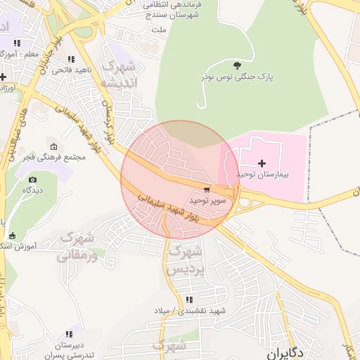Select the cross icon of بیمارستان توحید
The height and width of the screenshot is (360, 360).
click(262, 163)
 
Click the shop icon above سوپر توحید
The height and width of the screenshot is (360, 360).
click(206, 190)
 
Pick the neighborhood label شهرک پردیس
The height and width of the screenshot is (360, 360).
click(186, 260)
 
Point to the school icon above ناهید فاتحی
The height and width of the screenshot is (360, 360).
click(70, 60)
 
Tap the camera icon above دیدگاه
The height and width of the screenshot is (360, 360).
click(32, 180)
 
